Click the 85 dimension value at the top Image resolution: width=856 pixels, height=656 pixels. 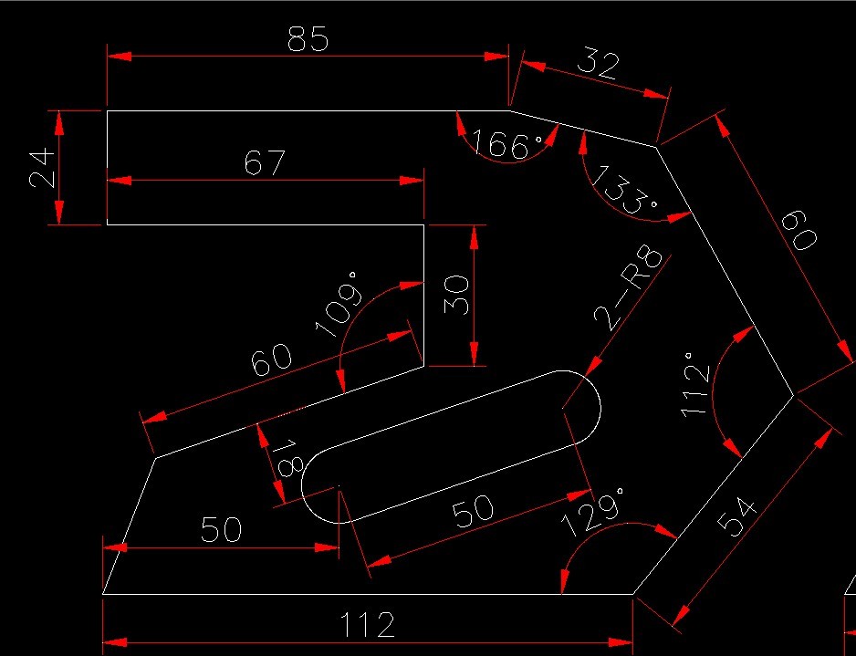click(307, 39)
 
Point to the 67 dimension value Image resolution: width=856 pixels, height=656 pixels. click(266, 163)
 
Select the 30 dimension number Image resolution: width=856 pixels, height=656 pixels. click(459, 295)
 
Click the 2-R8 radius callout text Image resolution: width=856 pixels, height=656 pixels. click(630, 286)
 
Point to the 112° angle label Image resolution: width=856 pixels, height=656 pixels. click(698, 387)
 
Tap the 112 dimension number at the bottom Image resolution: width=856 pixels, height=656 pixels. click(368, 626)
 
